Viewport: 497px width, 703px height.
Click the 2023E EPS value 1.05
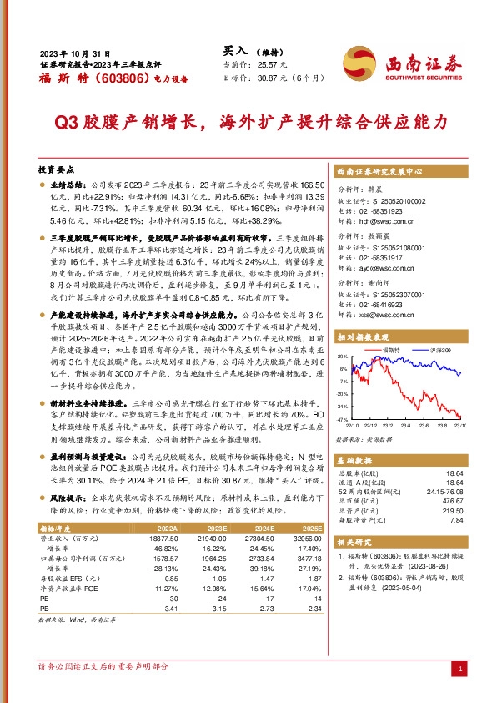(x=218, y=579)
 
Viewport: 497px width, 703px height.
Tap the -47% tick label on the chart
(x=343, y=418)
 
